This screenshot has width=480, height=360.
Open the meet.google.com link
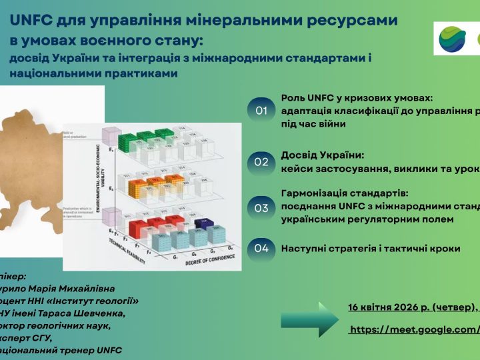pyautogui.click(x=414, y=329)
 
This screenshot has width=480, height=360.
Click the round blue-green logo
pyautogui.click(x=452, y=39)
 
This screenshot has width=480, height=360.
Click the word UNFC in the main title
pyautogui.click(x=31, y=20)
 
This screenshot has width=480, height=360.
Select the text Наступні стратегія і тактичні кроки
pyautogui.click(x=370, y=248)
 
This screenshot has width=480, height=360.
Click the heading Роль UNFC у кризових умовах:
pyautogui.click(x=357, y=98)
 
